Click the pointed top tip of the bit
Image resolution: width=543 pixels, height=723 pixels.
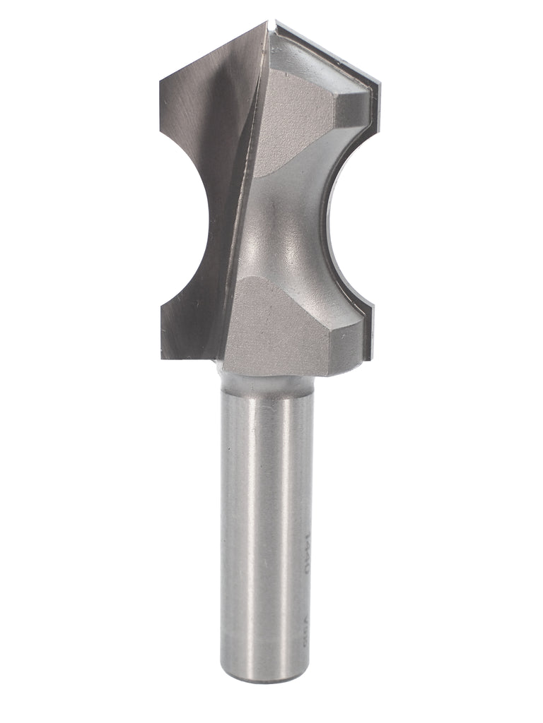click(x=271, y=23)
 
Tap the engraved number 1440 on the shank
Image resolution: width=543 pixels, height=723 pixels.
click(x=305, y=548)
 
